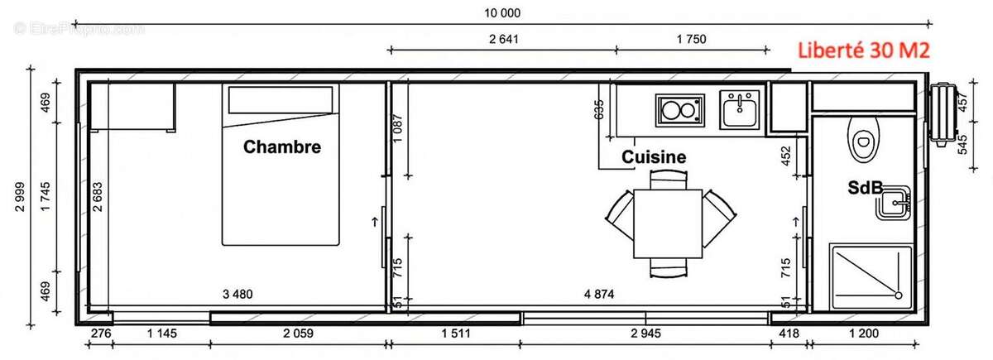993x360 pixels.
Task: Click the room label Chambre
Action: coord(281,147)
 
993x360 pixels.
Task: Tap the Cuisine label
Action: coord(654,156)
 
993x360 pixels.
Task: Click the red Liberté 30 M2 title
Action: coord(864,50)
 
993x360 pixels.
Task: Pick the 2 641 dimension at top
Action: coord(503,39)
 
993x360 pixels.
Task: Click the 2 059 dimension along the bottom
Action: coord(300,334)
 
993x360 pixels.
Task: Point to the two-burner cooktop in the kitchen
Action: coord(679,110)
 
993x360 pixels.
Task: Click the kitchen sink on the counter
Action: coord(738,109)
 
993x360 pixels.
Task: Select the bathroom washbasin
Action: coord(893,202)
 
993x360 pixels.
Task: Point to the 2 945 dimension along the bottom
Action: coord(645,334)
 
